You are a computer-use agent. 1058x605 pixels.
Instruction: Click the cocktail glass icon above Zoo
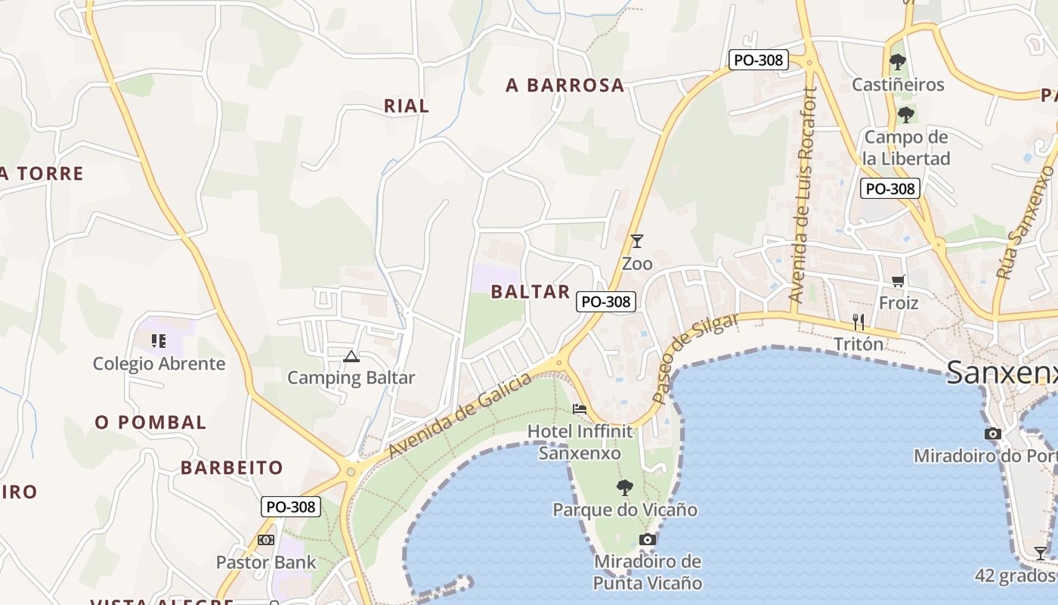637,241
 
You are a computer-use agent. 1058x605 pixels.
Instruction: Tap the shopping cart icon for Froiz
899,281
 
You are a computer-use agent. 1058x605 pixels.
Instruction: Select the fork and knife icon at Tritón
858,322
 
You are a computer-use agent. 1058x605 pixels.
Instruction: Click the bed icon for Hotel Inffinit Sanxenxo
580,409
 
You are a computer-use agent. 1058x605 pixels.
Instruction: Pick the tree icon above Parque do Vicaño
624,487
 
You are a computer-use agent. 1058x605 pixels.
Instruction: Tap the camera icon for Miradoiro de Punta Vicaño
648,539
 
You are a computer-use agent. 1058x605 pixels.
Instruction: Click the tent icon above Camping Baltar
351,356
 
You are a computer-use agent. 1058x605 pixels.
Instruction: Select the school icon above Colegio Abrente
159,341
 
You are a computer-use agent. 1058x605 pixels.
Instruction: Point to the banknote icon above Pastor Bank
266,540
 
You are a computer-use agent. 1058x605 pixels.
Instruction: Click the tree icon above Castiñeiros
898,62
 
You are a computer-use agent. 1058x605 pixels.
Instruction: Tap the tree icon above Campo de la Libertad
905,115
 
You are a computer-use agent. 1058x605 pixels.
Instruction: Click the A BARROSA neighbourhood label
565,85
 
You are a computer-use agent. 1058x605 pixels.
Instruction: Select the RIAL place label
407,106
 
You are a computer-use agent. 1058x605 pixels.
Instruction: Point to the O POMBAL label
150,423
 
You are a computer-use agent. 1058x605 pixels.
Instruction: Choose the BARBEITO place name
231,468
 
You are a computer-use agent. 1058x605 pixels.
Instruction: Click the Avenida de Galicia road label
460,417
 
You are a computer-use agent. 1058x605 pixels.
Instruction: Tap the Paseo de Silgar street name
695,358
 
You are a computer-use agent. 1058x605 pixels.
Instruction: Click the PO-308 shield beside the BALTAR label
606,302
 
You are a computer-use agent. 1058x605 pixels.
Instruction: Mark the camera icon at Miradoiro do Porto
993,434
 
